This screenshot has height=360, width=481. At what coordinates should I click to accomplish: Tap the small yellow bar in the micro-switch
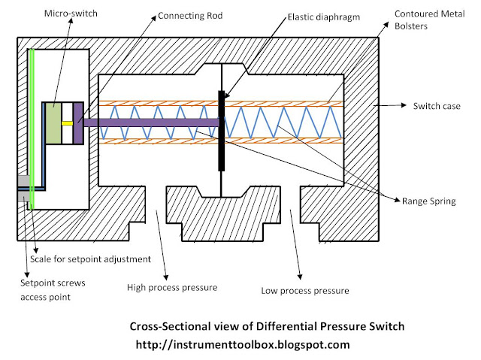click(x=67, y=123)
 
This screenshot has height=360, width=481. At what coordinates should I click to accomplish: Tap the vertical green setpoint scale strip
click(x=32, y=120)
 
